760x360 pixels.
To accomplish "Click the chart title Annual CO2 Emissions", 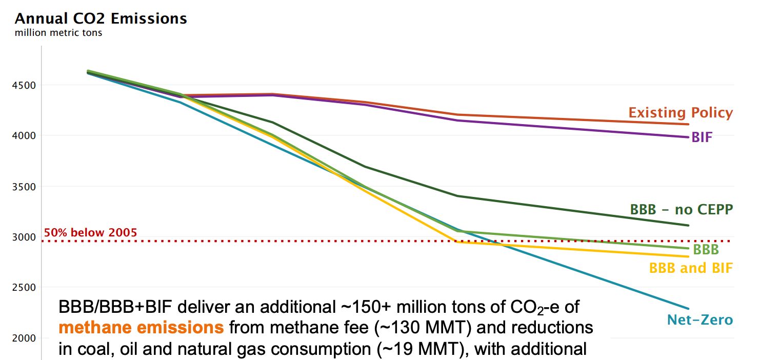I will tap(101, 19).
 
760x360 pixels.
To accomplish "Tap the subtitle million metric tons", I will tap(58, 33).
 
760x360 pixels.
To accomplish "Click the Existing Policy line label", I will tap(681, 113).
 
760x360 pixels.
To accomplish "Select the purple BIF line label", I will tap(702, 137).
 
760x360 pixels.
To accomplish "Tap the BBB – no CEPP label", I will tap(681, 209).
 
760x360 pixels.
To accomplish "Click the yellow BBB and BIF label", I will tap(691, 268).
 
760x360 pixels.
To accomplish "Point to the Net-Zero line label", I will tap(699, 321).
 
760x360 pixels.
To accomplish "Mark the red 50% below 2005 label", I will tap(91, 232).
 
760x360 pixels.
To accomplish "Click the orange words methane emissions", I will tap(142, 328).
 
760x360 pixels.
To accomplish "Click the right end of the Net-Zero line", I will tap(688, 309).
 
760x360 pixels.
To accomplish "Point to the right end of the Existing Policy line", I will tap(688, 124).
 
